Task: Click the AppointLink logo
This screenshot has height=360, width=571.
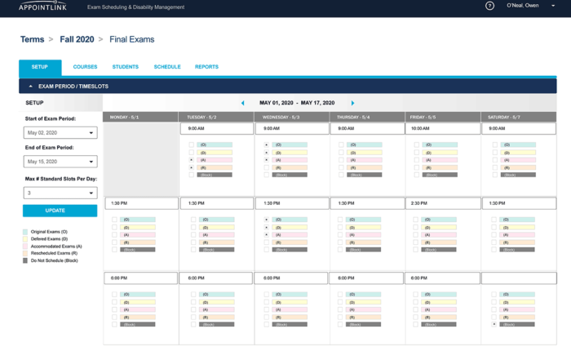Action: point(42,7)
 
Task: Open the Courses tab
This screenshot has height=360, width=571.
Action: point(85,67)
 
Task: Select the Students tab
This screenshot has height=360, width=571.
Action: point(126,67)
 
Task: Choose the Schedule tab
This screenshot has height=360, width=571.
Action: point(167,67)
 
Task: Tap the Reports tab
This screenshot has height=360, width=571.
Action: point(206,67)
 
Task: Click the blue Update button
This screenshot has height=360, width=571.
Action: point(60,211)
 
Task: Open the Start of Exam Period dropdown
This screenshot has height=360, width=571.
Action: point(60,132)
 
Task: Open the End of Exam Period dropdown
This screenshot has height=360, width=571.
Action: point(60,162)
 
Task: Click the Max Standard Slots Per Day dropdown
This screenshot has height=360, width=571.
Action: point(60,193)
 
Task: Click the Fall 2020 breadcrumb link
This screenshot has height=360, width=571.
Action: point(77,39)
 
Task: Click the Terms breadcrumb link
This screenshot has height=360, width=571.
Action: point(33,39)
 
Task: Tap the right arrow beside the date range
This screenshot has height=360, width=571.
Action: point(352,104)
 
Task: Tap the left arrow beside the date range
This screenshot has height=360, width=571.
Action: point(242,104)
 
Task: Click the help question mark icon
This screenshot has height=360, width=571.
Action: point(489,6)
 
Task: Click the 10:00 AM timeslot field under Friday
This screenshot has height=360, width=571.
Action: point(442,128)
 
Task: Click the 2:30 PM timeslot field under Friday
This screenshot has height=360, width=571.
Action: point(442,203)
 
